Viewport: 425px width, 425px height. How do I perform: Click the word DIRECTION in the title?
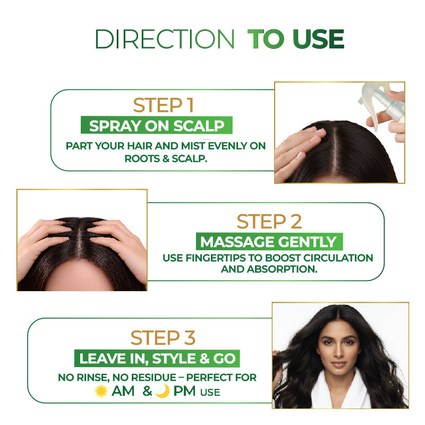pyautogui.click(x=165, y=39)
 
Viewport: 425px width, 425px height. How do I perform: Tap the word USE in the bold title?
pyautogui.click(x=319, y=39)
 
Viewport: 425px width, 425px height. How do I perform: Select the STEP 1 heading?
pyautogui.click(x=164, y=105)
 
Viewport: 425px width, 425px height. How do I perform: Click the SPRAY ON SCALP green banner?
pyautogui.click(x=157, y=125)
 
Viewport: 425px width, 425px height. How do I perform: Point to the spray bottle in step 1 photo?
pyautogui.click(x=382, y=104)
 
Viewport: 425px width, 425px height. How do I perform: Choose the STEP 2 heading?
pyautogui.click(x=269, y=222)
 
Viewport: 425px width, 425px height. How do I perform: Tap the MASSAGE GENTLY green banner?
pyautogui.click(x=269, y=242)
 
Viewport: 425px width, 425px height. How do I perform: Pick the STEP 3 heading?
pyautogui.click(x=163, y=338)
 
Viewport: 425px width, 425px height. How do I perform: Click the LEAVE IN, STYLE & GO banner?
pyautogui.click(x=157, y=358)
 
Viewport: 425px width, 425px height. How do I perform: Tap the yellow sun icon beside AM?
pyautogui.click(x=101, y=391)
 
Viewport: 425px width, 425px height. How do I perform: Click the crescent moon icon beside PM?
pyautogui.click(x=163, y=391)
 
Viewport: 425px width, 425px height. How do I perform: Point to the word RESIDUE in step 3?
pyautogui.click(x=154, y=378)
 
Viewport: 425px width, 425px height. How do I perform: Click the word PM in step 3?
pyautogui.click(x=184, y=391)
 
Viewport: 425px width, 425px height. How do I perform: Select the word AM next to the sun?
pyautogui.click(x=123, y=391)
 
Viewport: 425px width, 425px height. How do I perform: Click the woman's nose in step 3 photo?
pyautogui.click(x=338, y=352)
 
